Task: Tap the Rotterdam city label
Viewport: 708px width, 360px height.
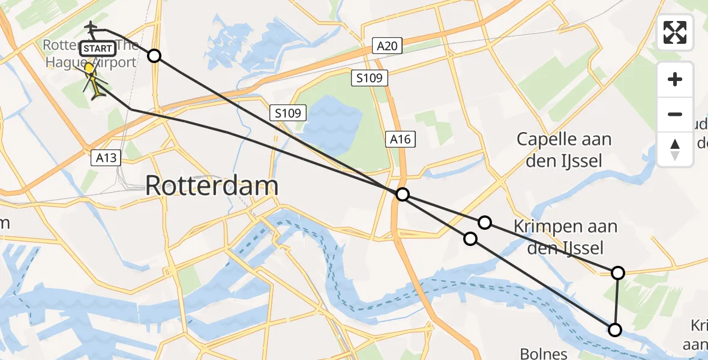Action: (x=212, y=186)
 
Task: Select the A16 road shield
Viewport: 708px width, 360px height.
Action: (x=399, y=139)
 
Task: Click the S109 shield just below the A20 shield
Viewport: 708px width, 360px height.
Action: (x=370, y=78)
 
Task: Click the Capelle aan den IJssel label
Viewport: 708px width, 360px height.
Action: (x=565, y=149)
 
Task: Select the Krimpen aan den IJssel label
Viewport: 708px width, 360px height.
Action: (x=566, y=236)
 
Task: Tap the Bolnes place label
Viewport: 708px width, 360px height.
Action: (x=544, y=353)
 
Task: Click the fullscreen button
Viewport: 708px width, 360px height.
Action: (x=675, y=32)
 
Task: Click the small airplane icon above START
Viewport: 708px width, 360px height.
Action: (x=91, y=28)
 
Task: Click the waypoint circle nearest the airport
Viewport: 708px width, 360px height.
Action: (x=154, y=56)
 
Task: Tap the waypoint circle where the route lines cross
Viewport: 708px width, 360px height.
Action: (x=403, y=194)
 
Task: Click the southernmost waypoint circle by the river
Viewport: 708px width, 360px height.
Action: (x=614, y=329)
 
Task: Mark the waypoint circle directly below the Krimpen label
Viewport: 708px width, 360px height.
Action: (x=618, y=273)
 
